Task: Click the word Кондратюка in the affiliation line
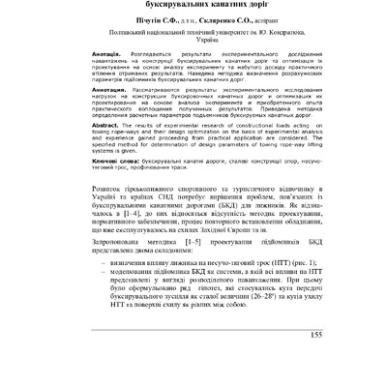click(289, 45)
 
